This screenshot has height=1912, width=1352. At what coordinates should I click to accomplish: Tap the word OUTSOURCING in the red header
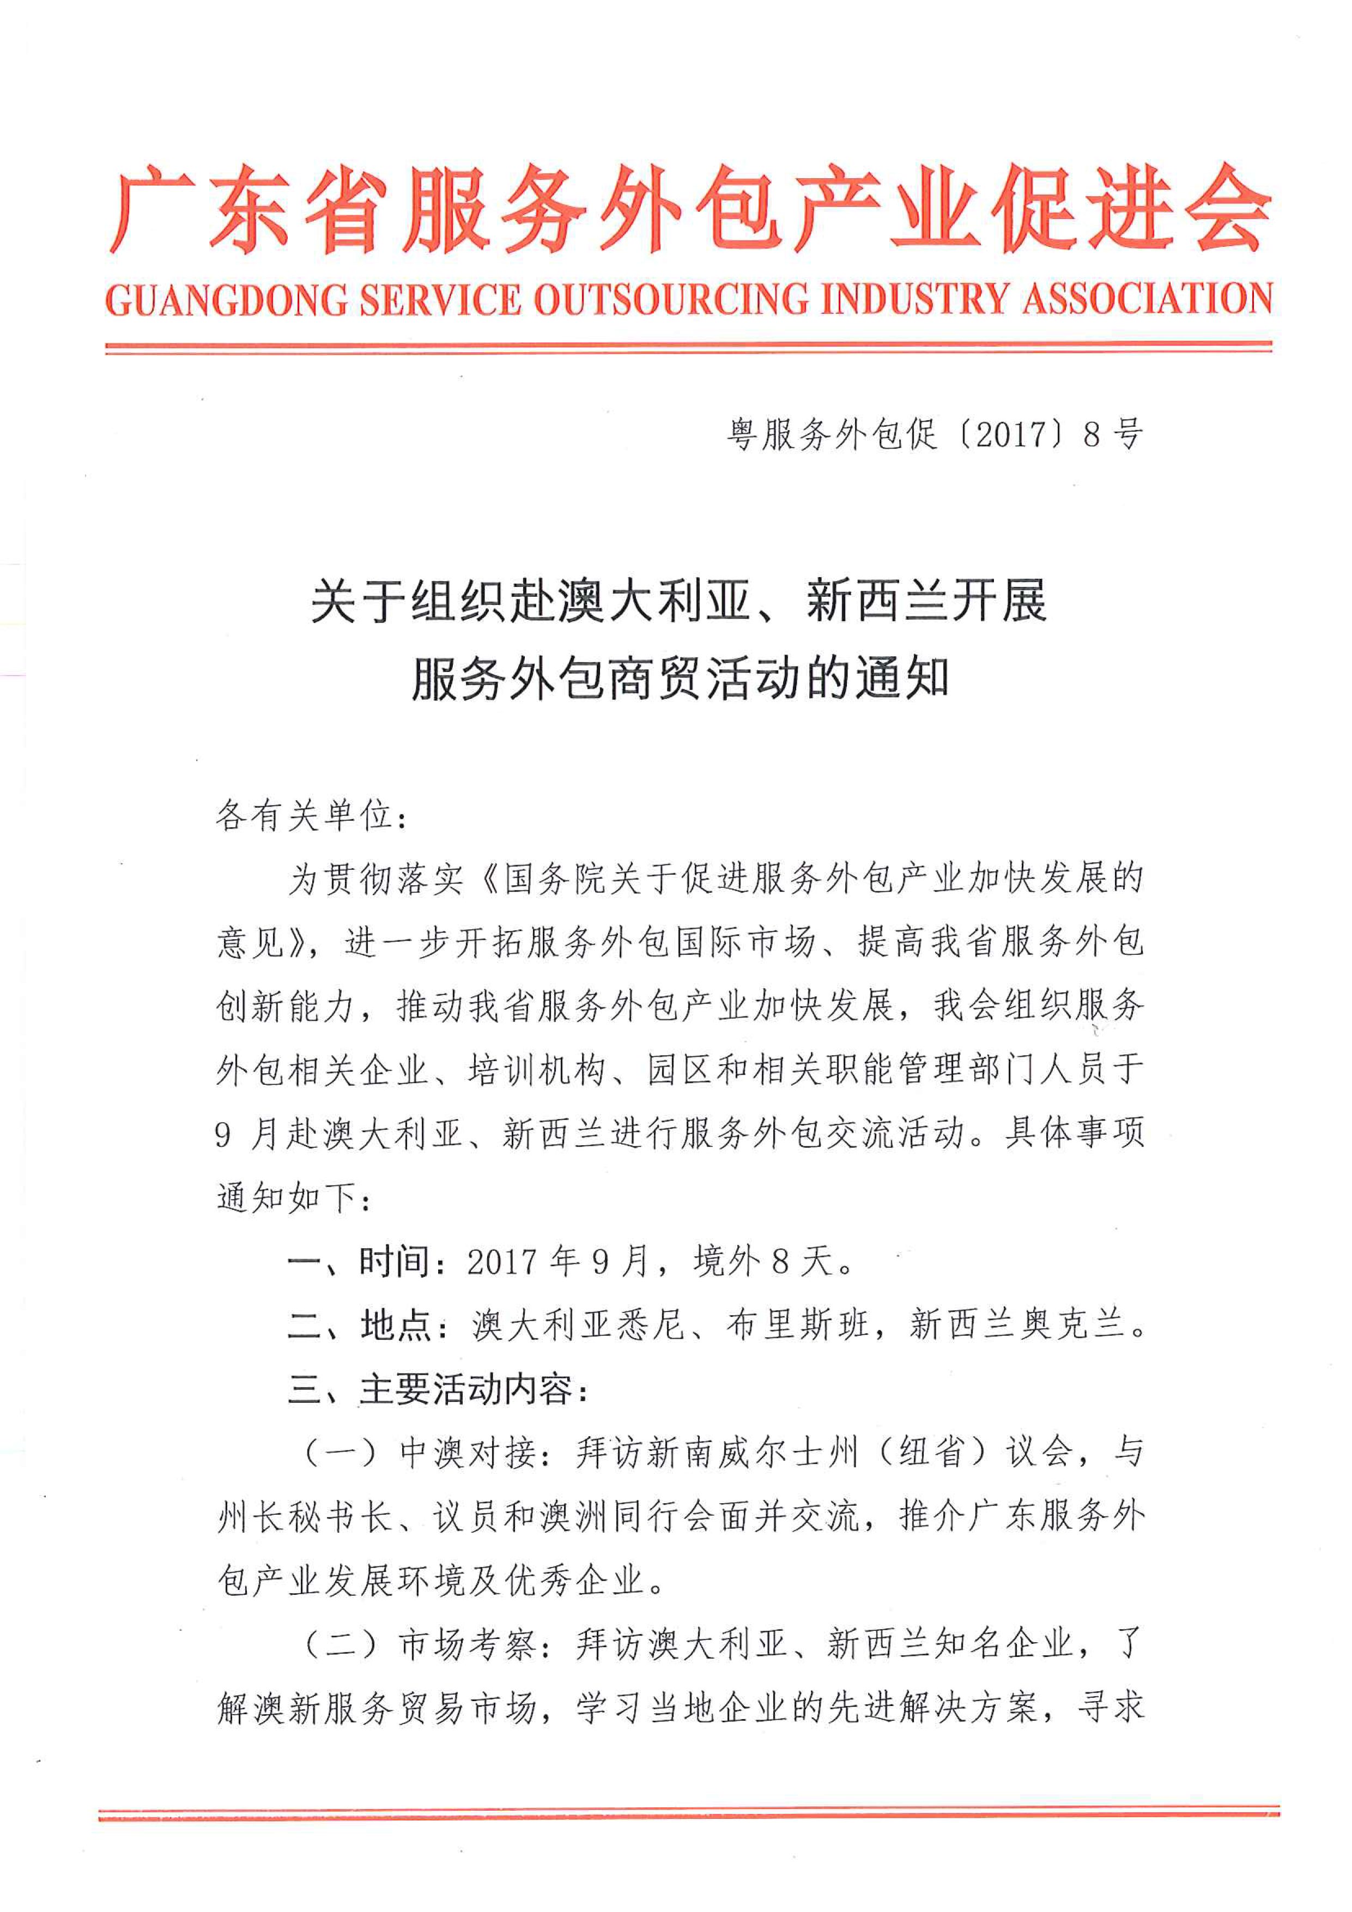pyautogui.click(x=670, y=301)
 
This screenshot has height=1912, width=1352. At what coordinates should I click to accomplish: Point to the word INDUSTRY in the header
pyautogui.click(x=914, y=301)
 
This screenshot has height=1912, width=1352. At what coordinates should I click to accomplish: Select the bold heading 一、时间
pyautogui.click(x=358, y=1262)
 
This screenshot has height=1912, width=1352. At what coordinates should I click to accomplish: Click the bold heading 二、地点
pyautogui.click(x=358, y=1326)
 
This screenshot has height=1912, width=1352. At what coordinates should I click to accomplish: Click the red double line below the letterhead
pyautogui.click(x=688, y=347)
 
